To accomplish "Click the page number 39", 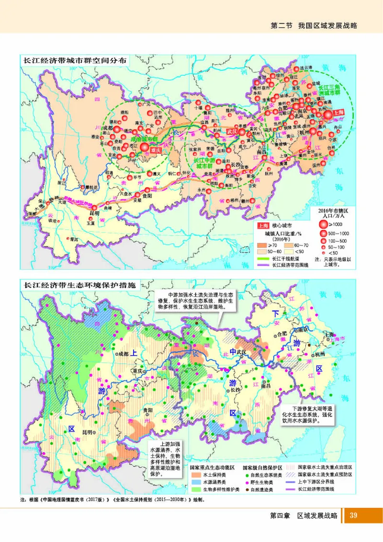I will coord(354,515).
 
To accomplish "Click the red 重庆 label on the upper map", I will coord(155,150).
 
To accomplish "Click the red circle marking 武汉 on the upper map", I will coord(242,132).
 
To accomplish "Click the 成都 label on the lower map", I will coord(123,354).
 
